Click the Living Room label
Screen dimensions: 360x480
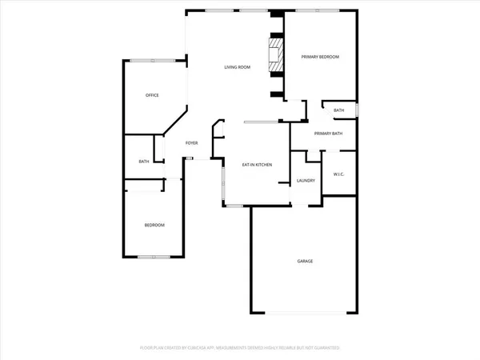point(237,67)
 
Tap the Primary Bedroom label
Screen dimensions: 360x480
point(320,57)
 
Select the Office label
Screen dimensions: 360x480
point(152,95)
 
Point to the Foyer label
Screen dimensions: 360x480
point(192,142)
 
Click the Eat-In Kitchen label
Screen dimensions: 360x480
point(258,164)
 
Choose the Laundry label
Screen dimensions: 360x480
point(306,180)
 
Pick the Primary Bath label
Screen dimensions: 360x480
point(329,133)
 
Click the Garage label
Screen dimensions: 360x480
point(305,262)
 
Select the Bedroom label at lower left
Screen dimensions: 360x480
point(154,226)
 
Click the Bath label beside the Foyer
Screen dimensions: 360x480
point(144,162)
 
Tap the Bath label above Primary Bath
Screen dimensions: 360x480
point(339,110)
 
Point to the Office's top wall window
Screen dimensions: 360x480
point(144,61)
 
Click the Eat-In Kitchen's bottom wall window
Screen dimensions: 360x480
point(234,206)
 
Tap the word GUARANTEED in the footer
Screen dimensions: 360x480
point(325,349)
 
